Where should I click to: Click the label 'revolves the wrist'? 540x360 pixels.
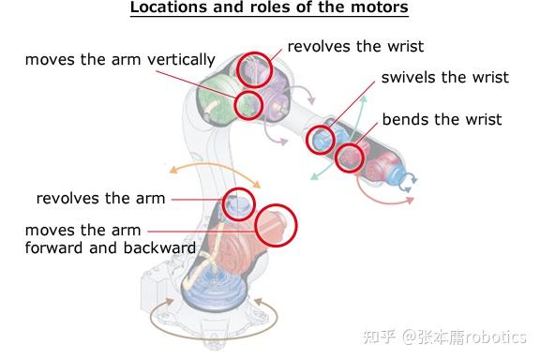pyautogui.click(x=355, y=46)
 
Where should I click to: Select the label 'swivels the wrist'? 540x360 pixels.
pyautogui.click(x=444, y=77)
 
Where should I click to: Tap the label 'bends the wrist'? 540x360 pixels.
pyautogui.click(x=442, y=119)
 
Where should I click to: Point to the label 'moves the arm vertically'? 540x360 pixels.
pyautogui.click(x=120, y=60)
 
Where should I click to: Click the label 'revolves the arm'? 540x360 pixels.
pyautogui.click(x=100, y=199)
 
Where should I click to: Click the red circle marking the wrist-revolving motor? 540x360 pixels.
pyautogui.click(x=253, y=68)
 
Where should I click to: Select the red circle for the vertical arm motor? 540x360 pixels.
pyautogui.click(x=248, y=103)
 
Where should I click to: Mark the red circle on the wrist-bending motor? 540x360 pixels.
pyautogui.click(x=351, y=157)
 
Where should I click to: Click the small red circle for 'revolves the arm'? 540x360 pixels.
pyautogui.click(x=239, y=202)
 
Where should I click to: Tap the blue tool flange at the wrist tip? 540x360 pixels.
pyautogui.click(x=408, y=180)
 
